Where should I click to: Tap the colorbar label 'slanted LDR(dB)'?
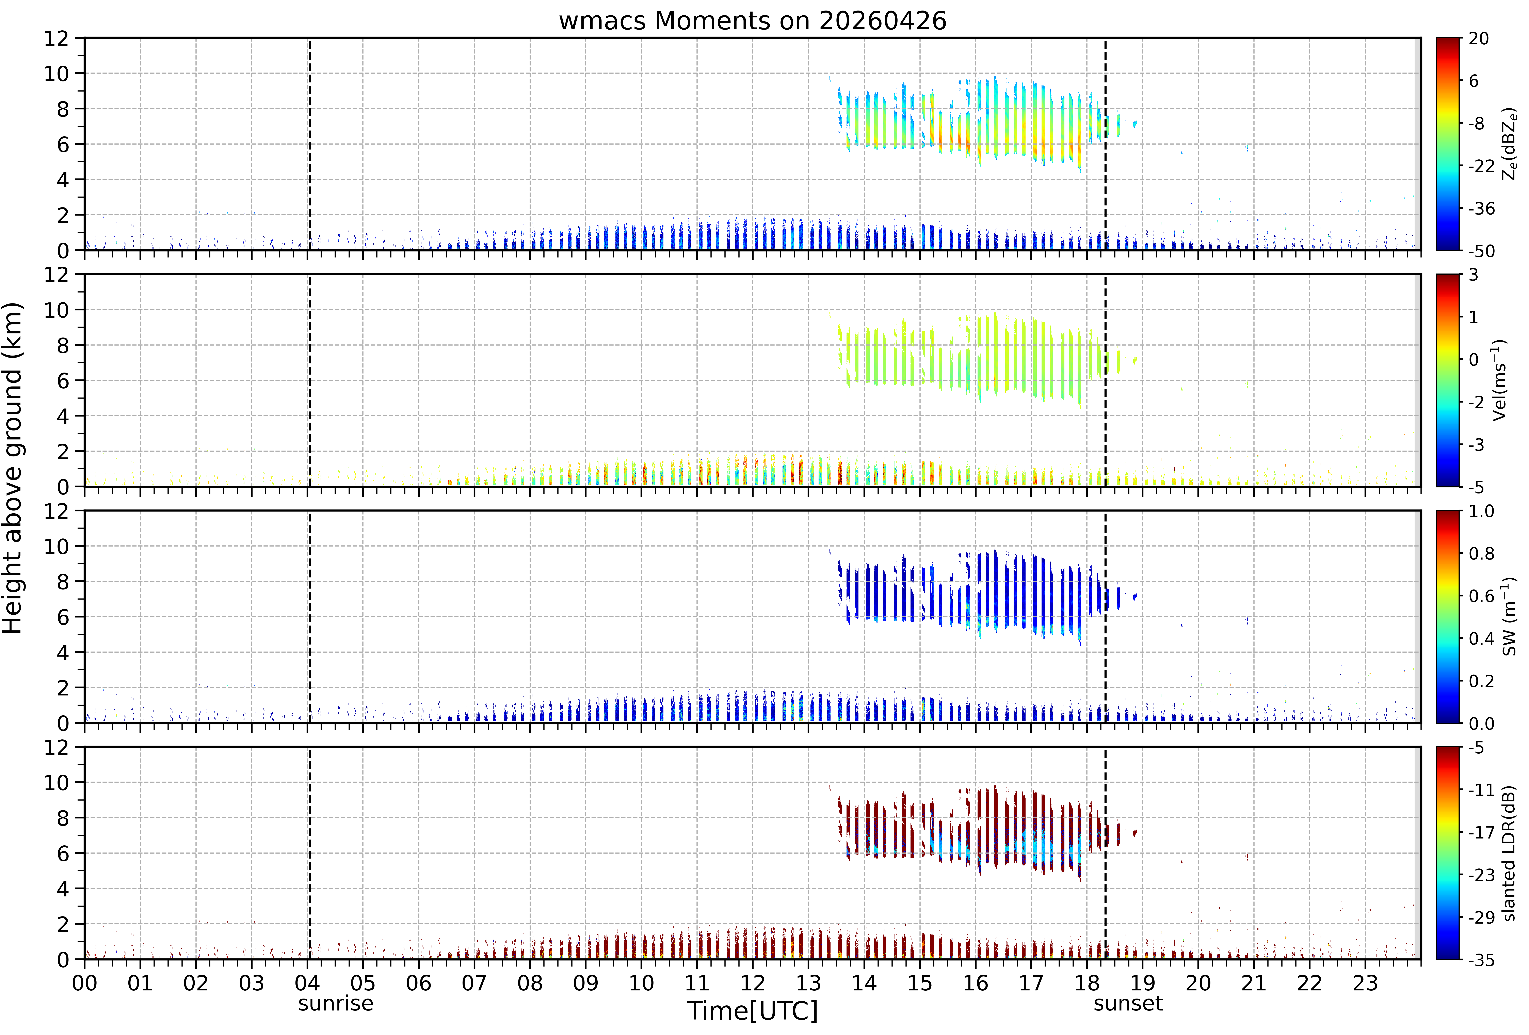pyautogui.click(x=1509, y=853)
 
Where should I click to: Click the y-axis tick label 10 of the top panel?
pyautogui.click(x=57, y=74)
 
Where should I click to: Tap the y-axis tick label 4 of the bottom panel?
pyautogui.click(x=63, y=889)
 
